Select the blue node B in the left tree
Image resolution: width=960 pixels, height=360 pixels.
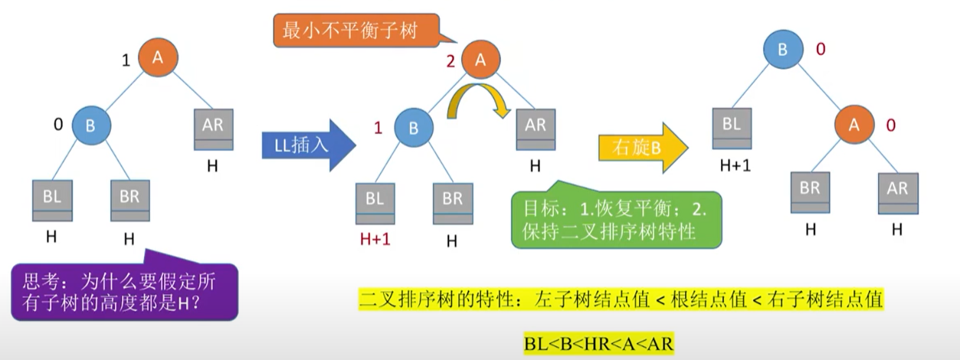pos(91,126)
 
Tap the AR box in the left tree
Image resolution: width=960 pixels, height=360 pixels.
pos(213,129)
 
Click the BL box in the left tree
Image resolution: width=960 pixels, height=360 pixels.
pos(52,201)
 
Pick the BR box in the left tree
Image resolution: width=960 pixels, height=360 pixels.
pos(129,201)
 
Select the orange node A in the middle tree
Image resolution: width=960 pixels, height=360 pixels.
pos(480,61)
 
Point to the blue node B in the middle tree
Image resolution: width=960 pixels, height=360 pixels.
pos(414,128)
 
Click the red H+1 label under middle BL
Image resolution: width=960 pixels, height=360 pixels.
pos(375,240)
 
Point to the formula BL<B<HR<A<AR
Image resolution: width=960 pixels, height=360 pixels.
pos(598,344)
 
